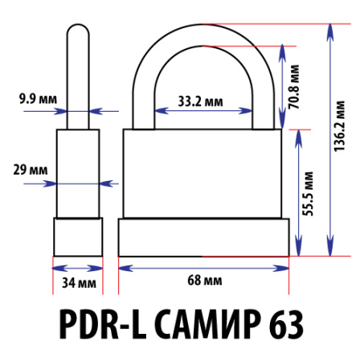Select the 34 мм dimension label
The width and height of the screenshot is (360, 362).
(x=78, y=282)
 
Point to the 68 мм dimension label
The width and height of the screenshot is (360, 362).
(x=203, y=280)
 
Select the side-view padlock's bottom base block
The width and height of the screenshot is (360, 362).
(x=78, y=237)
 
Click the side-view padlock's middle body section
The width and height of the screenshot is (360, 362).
(x=77, y=173)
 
